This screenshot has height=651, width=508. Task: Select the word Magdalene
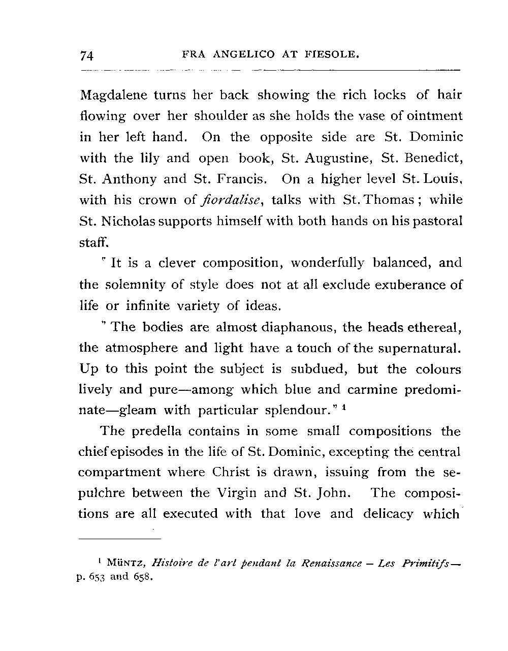112,96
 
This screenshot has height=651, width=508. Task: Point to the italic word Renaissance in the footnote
332,564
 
